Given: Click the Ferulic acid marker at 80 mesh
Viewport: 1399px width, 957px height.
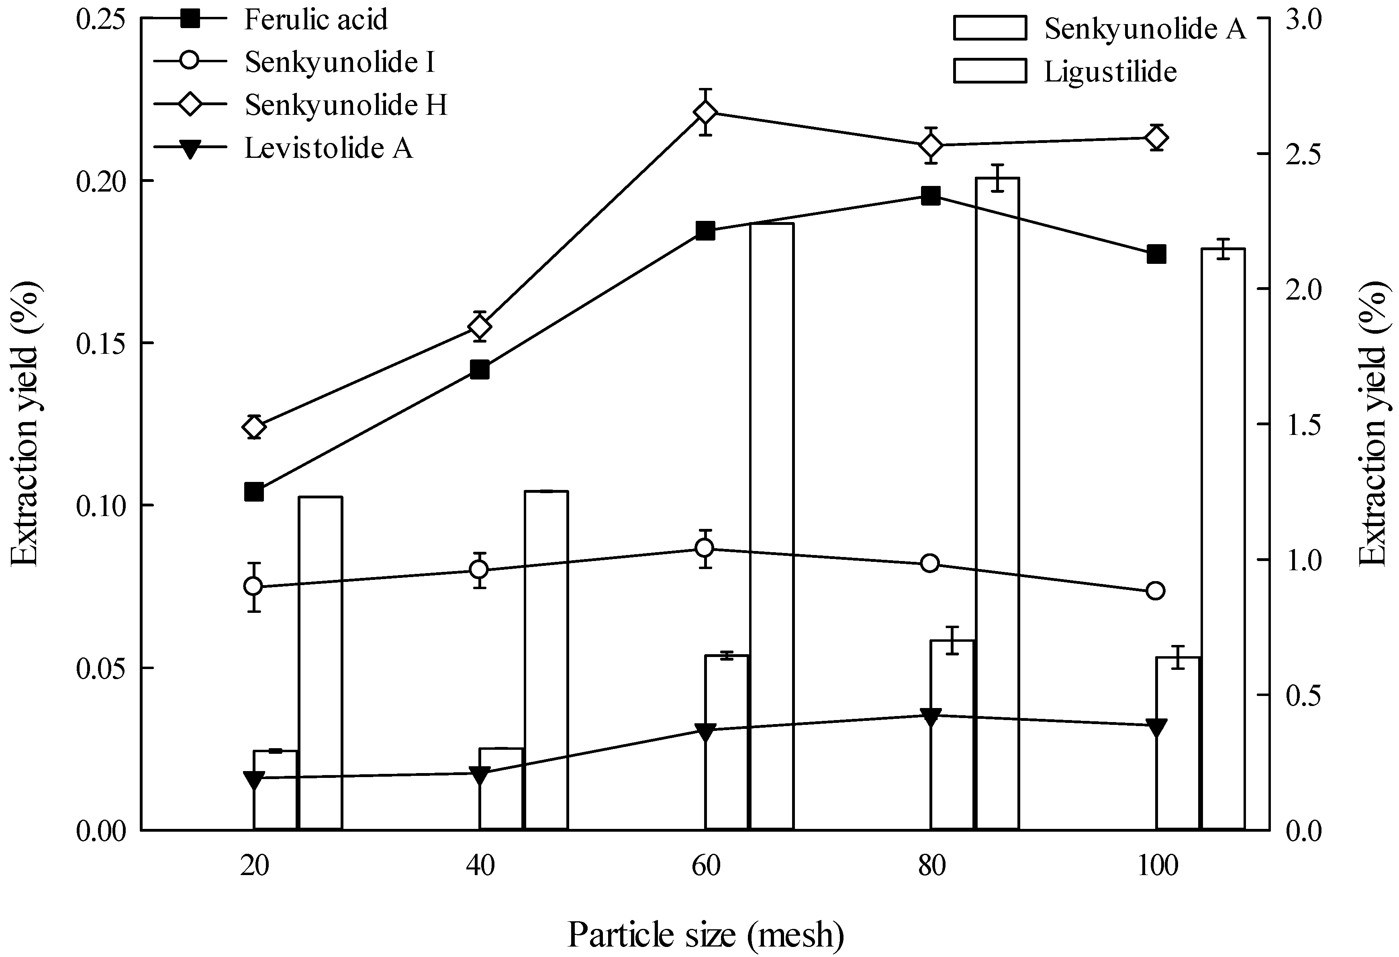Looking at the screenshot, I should (x=931, y=196).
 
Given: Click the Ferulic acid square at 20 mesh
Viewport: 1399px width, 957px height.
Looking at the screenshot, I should (x=254, y=492).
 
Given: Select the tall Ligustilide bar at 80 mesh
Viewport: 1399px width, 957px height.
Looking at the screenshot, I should (x=997, y=506).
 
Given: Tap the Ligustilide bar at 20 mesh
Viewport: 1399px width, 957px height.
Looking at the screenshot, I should (x=321, y=662).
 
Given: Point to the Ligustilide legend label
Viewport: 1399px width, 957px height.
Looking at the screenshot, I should (x=1109, y=71).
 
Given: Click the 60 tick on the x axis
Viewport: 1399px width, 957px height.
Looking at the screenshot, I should (x=705, y=866).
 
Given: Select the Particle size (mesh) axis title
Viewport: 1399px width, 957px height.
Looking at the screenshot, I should (x=705, y=935).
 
